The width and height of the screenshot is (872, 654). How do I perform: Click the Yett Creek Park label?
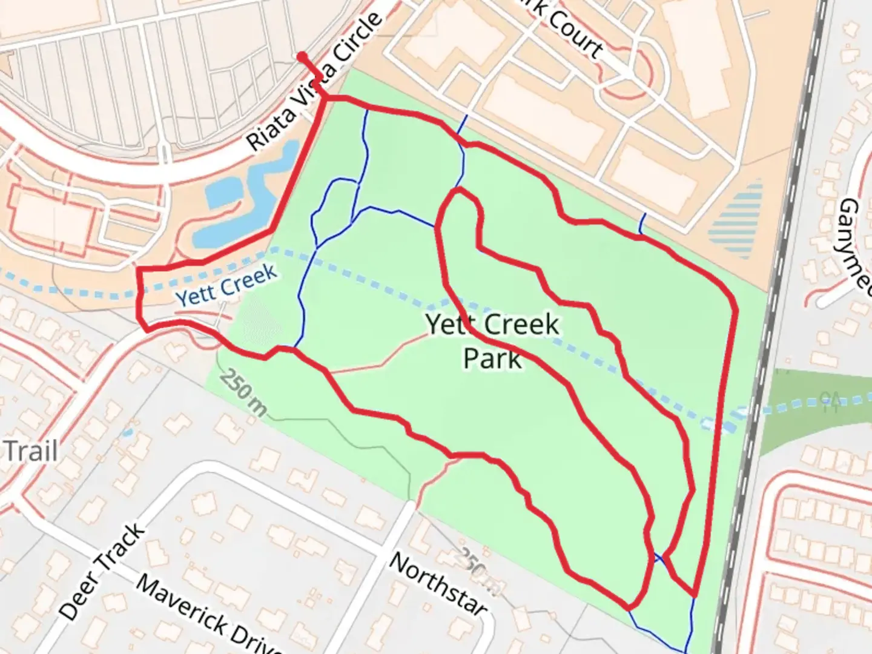[492, 341]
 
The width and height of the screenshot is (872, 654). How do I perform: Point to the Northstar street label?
[437, 583]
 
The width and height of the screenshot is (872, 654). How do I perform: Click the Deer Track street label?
[102, 571]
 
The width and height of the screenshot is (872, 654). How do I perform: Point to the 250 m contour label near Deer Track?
[243, 392]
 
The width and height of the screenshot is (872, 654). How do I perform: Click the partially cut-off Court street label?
[569, 30]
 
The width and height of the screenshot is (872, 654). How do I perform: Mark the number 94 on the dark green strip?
[827, 401]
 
